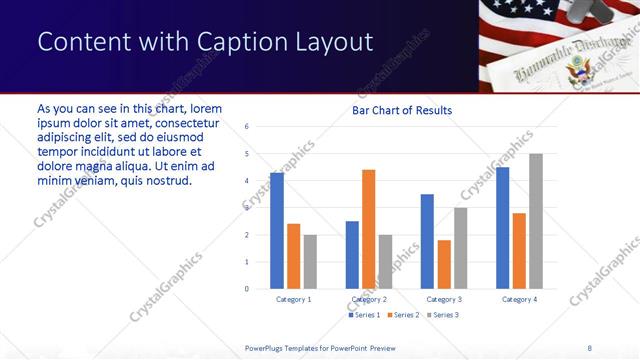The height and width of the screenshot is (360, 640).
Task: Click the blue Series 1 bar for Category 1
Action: point(277,231)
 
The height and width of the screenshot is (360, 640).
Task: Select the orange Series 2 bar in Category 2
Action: point(368,229)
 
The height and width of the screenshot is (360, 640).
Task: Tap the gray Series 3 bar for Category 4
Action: point(535,221)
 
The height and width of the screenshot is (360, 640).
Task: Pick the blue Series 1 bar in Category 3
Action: point(427,241)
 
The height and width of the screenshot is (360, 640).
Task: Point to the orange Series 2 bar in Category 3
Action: point(444,264)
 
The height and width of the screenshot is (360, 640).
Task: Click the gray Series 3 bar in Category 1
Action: point(310,262)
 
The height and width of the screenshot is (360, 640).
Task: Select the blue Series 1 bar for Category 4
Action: point(502,228)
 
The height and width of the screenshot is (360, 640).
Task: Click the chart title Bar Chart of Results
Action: point(402,110)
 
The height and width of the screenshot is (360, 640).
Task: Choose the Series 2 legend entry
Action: point(402,315)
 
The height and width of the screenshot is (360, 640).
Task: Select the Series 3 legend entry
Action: point(441,315)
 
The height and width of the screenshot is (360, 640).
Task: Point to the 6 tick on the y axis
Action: point(247,127)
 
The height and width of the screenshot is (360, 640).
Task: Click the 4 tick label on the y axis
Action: point(247,181)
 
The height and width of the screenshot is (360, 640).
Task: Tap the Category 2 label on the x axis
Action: point(369,299)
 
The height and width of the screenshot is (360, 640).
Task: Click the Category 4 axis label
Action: point(519,299)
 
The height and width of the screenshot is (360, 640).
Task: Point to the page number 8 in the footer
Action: point(589,347)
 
